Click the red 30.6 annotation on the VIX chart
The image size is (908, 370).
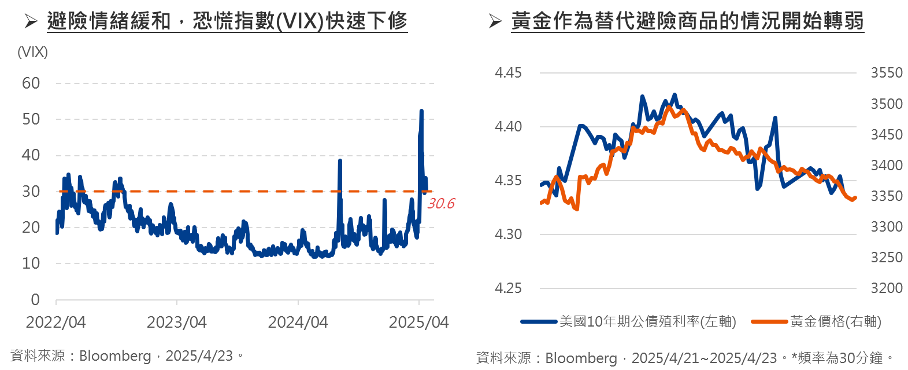441,203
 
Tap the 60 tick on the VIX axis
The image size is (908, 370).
31,83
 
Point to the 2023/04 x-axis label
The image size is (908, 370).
176,323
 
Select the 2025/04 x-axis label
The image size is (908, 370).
418,323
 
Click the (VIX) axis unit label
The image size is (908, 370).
33,52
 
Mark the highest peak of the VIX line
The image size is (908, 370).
421,111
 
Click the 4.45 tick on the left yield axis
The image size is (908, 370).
508,73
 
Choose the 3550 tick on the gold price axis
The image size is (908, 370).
886,73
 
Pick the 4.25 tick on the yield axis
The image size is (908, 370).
508,288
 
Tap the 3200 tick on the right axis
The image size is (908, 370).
886,288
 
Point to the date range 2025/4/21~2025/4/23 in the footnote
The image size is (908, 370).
704,358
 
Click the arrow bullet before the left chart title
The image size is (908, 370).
31,21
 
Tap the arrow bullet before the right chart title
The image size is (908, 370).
495,21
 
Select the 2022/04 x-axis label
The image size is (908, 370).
55,323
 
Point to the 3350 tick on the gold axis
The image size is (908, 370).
886,196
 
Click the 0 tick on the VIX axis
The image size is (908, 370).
35,299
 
